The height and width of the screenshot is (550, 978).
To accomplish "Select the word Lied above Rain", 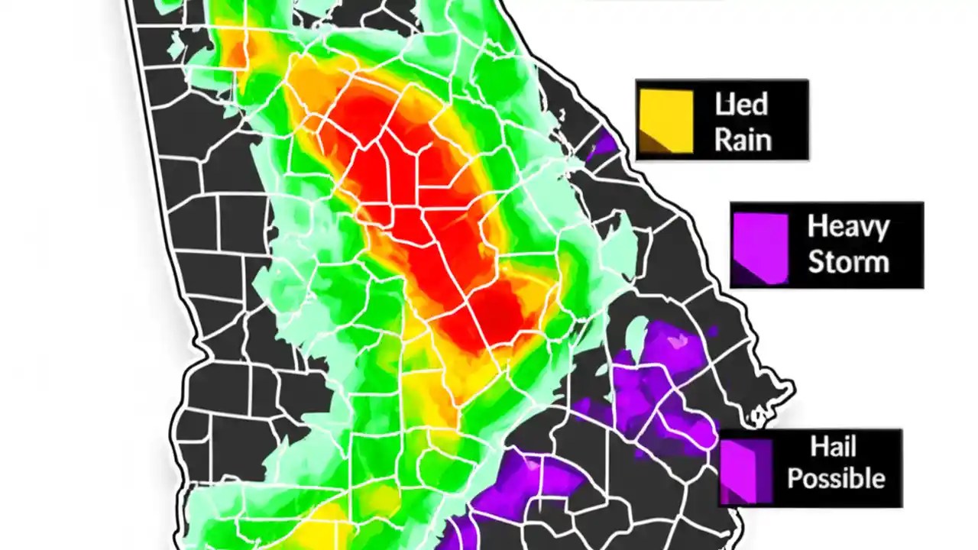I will click(x=741, y=105).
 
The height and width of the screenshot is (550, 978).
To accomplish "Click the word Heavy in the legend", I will click(x=848, y=227).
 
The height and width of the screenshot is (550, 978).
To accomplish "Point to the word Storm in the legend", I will click(x=848, y=262).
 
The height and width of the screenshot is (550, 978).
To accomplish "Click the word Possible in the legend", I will click(x=836, y=479).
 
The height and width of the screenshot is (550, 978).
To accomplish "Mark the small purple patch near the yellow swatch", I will click(x=603, y=144).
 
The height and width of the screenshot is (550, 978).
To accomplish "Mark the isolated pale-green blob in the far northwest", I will click(x=175, y=46).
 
